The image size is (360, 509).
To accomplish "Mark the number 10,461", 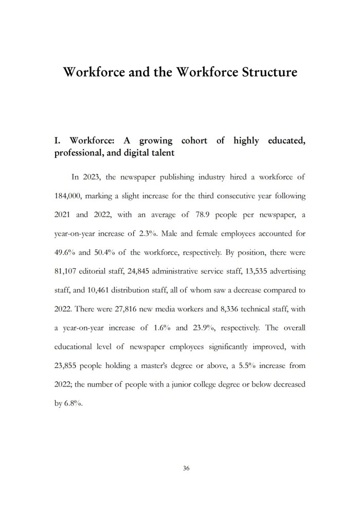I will pyautogui.click(x=107, y=290).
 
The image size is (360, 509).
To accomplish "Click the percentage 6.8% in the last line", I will pyautogui.click(x=73, y=403).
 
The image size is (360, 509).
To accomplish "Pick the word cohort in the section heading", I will pyautogui.click(x=196, y=141).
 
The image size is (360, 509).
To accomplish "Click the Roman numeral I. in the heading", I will pyautogui.click(x=58, y=141).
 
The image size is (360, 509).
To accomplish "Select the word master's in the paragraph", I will pyautogui.click(x=158, y=365).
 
